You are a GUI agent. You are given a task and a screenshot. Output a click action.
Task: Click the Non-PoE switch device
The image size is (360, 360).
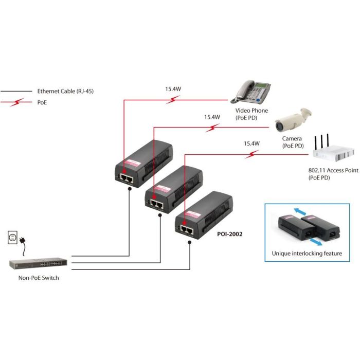pyautogui.click(x=38, y=263)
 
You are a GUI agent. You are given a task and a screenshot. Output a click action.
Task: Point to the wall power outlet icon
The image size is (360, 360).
pyautogui.click(x=13, y=238)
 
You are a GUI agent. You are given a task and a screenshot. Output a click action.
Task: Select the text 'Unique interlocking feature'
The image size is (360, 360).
pyautogui.click(x=307, y=254)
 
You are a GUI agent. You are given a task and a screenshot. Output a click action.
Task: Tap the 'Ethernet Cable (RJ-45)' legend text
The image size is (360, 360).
pyautogui.click(x=65, y=91)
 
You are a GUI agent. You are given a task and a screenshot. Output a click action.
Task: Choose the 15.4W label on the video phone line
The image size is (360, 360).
pyautogui.click(x=173, y=88)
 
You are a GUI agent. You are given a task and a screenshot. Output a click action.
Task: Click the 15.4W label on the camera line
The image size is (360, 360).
pyautogui.click(x=212, y=117)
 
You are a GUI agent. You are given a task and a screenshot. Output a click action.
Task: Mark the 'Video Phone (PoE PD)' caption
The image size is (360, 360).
pyautogui.click(x=253, y=114)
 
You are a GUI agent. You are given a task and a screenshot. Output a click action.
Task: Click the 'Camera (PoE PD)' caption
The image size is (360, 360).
pyautogui.click(x=292, y=142)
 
